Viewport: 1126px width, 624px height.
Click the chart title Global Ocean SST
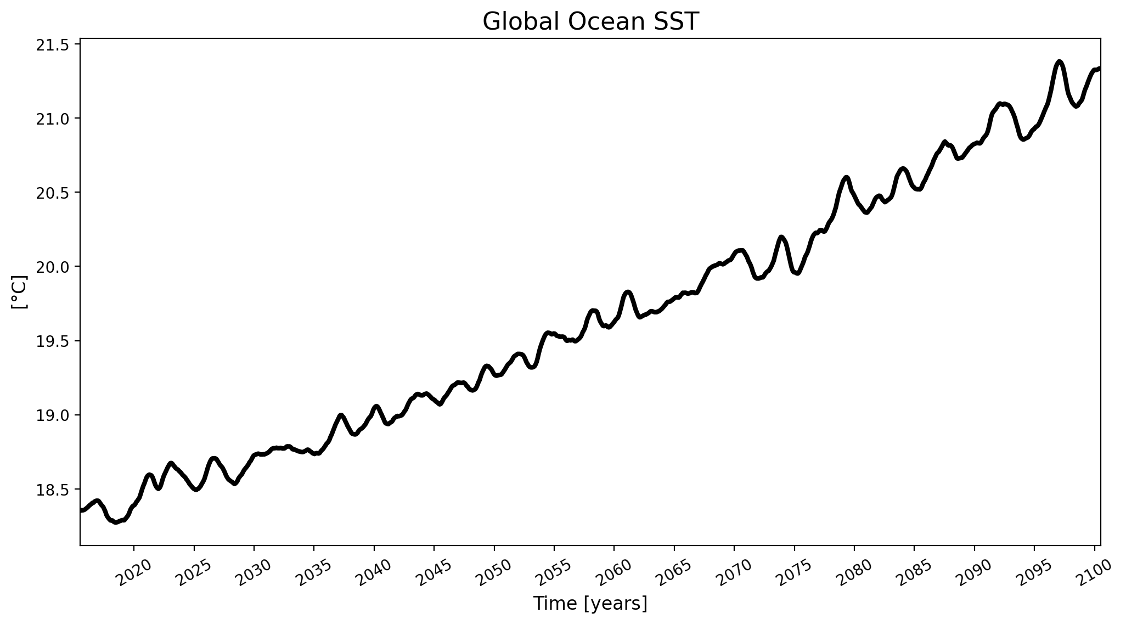coord(590,22)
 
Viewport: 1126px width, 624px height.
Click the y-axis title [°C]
coord(19,293)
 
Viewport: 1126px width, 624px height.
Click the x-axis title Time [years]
coord(590,604)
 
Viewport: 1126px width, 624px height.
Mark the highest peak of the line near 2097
coord(1059,61)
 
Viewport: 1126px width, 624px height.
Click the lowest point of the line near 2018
coord(115,522)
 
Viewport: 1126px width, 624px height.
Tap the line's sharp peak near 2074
coord(781,237)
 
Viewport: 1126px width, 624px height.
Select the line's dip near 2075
coord(797,273)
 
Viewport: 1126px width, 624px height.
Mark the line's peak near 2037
coord(341,415)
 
